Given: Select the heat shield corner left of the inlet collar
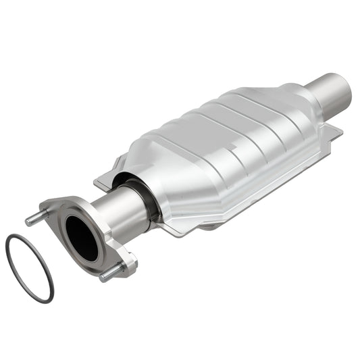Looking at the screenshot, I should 101,178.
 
